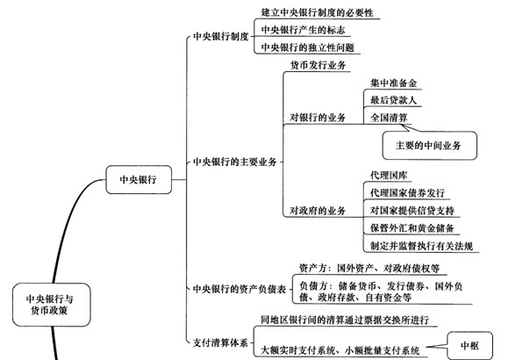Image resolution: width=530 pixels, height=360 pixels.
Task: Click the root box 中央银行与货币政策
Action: [52, 305]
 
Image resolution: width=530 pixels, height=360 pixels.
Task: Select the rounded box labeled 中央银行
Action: [139, 179]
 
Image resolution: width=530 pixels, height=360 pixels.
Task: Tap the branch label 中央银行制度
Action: [221, 36]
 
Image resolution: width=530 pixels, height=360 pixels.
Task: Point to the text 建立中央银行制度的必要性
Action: [317, 12]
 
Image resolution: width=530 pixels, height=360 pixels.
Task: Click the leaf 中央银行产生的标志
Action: [303, 30]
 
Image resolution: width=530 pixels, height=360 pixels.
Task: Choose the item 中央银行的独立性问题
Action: [308, 47]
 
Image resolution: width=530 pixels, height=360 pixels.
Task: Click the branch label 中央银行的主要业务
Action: [234, 162]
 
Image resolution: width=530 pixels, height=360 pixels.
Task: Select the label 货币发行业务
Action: [318, 65]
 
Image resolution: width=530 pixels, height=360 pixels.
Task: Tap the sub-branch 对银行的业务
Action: [318, 118]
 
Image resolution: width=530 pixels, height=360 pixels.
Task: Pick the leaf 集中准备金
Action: [393, 83]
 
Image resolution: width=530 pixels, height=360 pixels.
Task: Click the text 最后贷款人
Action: [393, 100]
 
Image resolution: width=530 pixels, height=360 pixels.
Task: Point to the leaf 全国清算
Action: [389, 118]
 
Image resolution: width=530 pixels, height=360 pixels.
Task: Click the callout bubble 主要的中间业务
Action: [430, 146]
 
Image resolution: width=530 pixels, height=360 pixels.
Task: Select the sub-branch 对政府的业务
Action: [318, 211]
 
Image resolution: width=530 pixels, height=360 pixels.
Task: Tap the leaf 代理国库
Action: [389, 176]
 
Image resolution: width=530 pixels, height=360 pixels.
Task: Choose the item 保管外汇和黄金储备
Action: [412, 228]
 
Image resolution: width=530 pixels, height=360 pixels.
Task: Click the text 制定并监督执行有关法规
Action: [421, 246]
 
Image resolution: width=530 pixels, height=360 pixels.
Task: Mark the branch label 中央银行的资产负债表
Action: [240, 289]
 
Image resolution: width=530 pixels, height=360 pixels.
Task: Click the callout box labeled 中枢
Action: [469, 345]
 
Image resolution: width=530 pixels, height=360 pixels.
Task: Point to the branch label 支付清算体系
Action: [220, 342]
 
